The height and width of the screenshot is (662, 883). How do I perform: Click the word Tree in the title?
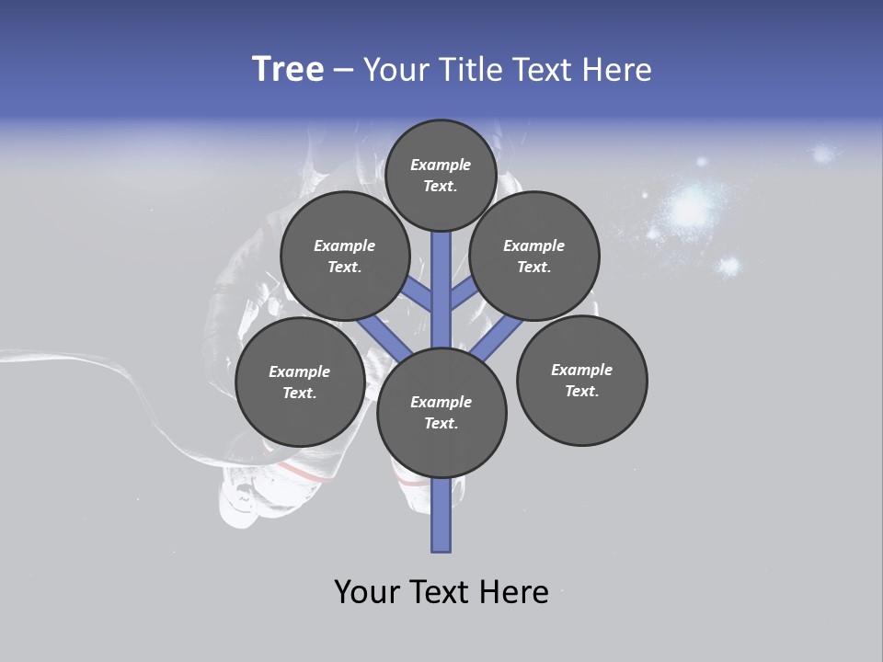288,70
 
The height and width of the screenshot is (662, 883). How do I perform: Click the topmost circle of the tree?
441,175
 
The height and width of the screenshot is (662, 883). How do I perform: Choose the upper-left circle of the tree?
345,256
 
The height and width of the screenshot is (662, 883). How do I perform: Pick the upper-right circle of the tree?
534,256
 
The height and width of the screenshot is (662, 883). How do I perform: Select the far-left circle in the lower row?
300,382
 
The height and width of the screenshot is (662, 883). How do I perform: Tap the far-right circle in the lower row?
581,381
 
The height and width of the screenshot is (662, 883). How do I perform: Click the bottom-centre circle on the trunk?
441,413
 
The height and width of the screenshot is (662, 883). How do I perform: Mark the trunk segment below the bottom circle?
441,515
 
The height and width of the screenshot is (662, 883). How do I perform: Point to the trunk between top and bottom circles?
441,290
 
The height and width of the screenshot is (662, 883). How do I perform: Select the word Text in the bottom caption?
444,592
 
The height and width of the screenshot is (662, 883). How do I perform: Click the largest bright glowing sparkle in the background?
688,208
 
